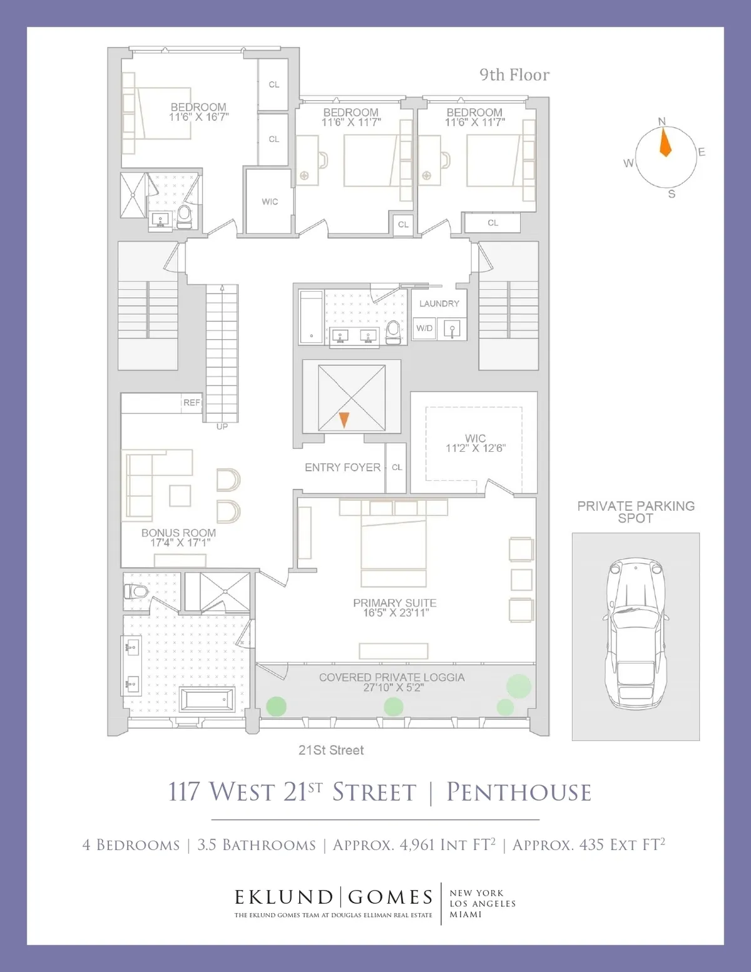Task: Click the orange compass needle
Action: click(x=665, y=142)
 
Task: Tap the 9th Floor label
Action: click(x=514, y=75)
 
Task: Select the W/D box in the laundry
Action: click(x=424, y=328)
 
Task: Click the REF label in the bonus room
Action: click(x=192, y=402)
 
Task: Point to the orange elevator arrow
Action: click(x=344, y=419)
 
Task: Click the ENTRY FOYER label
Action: click(x=342, y=468)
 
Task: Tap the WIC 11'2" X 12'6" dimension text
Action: click(x=475, y=444)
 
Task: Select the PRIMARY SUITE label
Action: click(x=394, y=603)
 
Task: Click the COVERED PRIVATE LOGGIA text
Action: click(x=392, y=677)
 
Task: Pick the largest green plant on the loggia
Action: click(x=519, y=686)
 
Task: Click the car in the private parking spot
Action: click(x=636, y=633)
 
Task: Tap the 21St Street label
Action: click(x=331, y=750)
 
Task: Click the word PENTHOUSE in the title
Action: click(x=519, y=792)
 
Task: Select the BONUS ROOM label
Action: click(x=178, y=533)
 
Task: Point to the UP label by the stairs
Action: click(x=222, y=427)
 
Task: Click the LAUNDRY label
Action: click(x=439, y=304)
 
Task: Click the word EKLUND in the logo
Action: click(x=284, y=898)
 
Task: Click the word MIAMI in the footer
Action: click(x=466, y=914)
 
